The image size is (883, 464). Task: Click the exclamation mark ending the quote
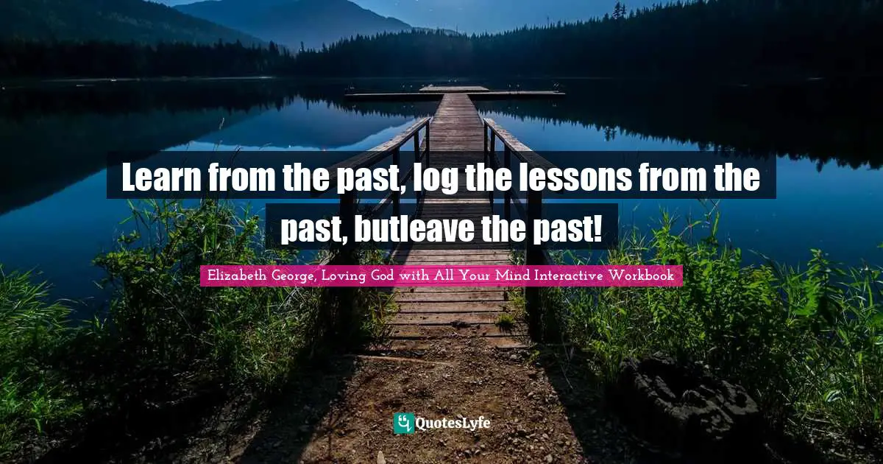597,230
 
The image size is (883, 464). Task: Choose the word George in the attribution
296,275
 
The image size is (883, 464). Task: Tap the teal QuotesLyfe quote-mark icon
403,423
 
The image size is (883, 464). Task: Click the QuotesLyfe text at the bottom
453,423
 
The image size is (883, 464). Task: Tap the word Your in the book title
481,275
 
